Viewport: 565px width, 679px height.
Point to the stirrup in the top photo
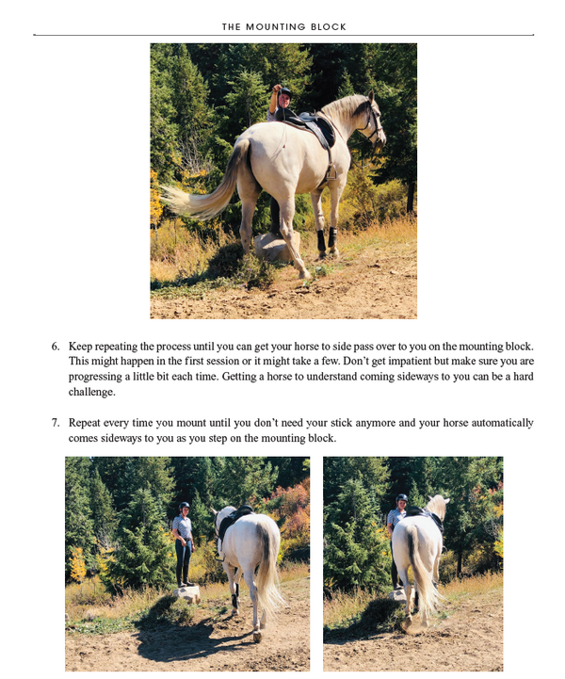tap(331, 172)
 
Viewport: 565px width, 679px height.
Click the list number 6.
tap(56, 347)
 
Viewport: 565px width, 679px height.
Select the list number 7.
tap(56, 423)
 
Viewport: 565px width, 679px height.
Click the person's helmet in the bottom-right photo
tap(401, 499)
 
